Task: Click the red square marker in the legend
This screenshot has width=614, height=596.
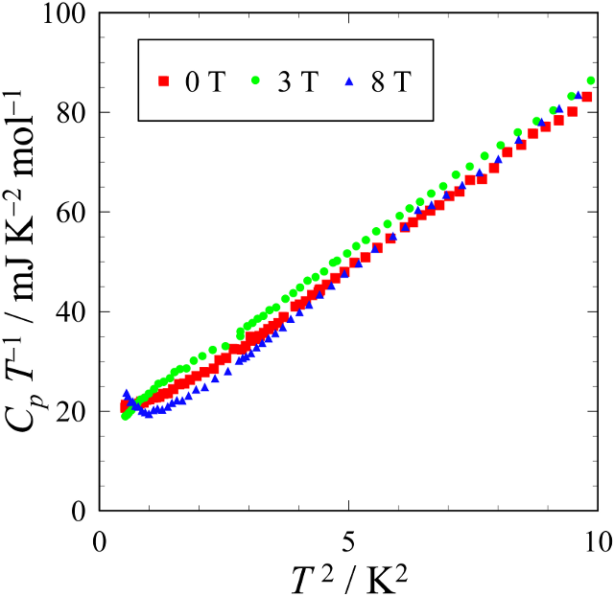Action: point(163,82)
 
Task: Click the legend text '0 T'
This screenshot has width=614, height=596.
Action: point(203,82)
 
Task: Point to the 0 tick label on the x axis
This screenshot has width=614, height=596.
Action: point(100,539)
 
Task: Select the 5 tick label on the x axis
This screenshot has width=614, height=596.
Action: point(349,539)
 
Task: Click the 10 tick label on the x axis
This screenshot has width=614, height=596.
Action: point(597,539)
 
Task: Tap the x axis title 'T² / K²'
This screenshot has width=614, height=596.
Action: point(349,575)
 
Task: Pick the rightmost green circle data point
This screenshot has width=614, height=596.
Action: point(591,80)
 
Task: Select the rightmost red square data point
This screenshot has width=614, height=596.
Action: point(586,97)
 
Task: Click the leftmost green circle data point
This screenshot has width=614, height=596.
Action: point(126,416)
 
